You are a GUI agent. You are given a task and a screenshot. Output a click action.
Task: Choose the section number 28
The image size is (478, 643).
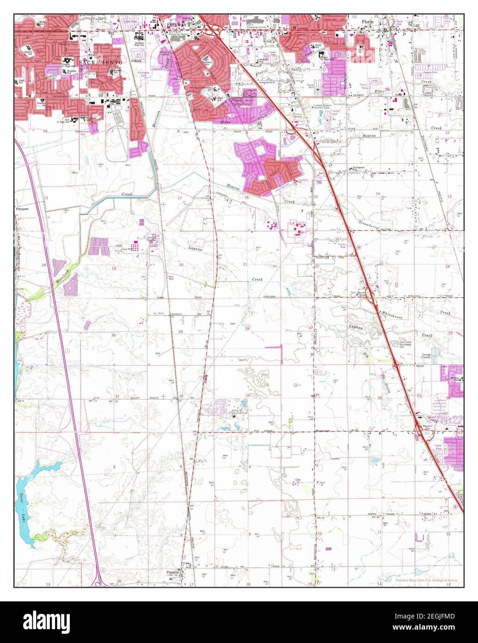pyautogui.click(x=247, y=329)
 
